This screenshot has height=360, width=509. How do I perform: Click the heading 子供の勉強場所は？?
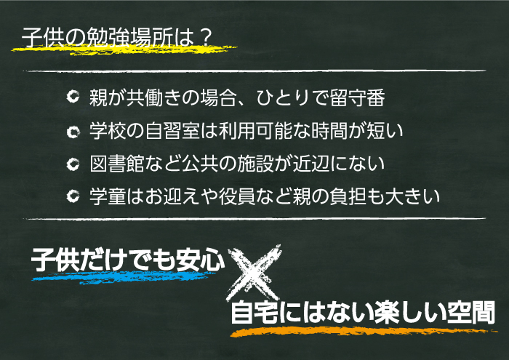pyautogui.click(x=117, y=38)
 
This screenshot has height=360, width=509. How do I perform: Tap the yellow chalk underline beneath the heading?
pyautogui.click(x=124, y=49)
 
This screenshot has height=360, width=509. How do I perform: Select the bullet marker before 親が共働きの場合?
pyautogui.click(x=73, y=97)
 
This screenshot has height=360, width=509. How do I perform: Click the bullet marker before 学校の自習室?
pyautogui.click(x=73, y=131)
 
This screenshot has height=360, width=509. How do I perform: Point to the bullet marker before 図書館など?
pyautogui.click(x=73, y=164)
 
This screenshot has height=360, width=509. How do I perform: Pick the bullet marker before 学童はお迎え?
pyautogui.click(x=73, y=196)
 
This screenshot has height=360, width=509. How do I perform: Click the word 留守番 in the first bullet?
pyautogui.click(x=358, y=97)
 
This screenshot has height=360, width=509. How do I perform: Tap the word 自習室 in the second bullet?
pyautogui.click(x=172, y=131)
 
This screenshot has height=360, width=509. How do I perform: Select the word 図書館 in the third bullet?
pyautogui.click(x=117, y=164)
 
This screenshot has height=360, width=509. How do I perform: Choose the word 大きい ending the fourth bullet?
pyautogui.click(x=412, y=196)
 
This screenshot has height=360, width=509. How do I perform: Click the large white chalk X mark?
pyautogui.click(x=254, y=273)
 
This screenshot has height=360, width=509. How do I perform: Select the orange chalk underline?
pyautogui.click(x=364, y=332)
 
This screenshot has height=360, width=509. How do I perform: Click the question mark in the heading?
pyautogui.click(x=204, y=38)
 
